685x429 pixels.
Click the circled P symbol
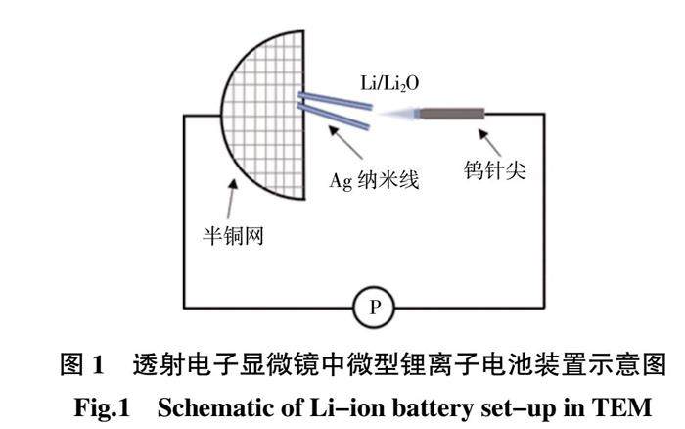click(372, 309)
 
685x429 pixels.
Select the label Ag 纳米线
click(374, 180)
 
